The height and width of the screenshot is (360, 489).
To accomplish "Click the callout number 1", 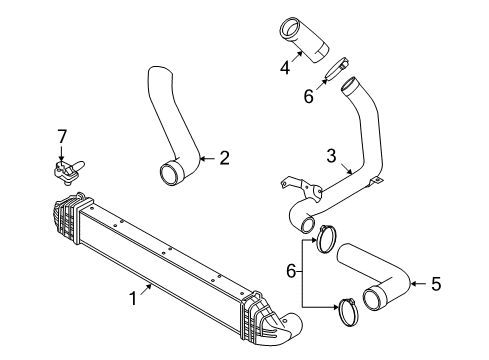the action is coord(133,298).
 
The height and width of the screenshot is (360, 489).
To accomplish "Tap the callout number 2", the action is coord(225,158).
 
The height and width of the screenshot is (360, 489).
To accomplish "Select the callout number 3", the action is coord(331,156).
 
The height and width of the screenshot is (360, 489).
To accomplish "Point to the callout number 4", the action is coord(285,68).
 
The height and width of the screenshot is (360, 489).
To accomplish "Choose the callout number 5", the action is coord(436,284).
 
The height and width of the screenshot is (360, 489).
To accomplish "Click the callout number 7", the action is coord(62,137).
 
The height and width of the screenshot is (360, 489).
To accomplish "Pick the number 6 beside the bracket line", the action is coord(291,271).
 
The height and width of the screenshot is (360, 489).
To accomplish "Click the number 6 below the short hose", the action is coord(309,96).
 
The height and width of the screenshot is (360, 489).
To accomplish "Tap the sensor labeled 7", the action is coord(69,171).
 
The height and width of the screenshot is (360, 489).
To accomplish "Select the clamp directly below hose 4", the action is coord(337,69).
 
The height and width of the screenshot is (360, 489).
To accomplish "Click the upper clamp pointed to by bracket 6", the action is coord(326,239).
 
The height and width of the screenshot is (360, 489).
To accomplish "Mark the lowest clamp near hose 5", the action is coord(348,312).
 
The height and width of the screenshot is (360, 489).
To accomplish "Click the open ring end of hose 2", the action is coord(171,174).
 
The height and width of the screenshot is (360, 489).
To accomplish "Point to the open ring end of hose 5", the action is coord(372,300).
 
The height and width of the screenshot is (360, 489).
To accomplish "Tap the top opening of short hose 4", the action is coord(289,29).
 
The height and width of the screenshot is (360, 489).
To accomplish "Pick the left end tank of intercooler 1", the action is coord(72,218).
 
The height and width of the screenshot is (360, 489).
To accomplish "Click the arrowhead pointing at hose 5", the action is coord(413,284).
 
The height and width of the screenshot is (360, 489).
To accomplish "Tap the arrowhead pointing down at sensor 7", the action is coord(61,159).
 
